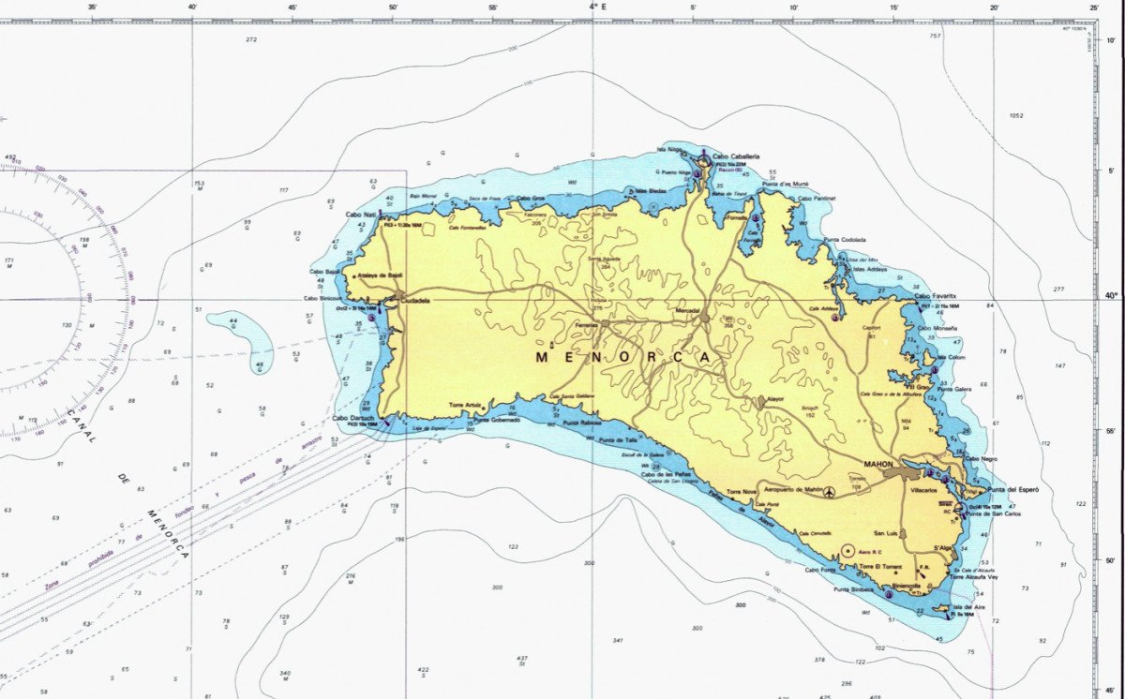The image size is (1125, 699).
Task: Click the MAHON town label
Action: tap(877, 464)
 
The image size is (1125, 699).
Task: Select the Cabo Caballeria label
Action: tap(736, 156)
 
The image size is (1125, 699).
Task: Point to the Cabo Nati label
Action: tap(361, 215)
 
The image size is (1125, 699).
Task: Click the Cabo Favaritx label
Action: tap(936, 296)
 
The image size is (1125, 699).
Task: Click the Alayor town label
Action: tap(774, 398)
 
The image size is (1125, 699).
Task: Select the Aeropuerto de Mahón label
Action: tap(793, 489)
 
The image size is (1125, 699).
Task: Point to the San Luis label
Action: tap(886, 533)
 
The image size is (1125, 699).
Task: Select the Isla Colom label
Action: tap(952, 357)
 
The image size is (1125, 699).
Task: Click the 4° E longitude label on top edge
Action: tap(597, 7)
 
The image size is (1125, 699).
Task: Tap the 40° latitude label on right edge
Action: tap(1111, 296)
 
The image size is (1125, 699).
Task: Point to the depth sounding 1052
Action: tap(1016, 116)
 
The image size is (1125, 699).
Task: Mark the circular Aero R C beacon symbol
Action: tap(848, 550)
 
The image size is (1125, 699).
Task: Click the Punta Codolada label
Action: tap(845, 239)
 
